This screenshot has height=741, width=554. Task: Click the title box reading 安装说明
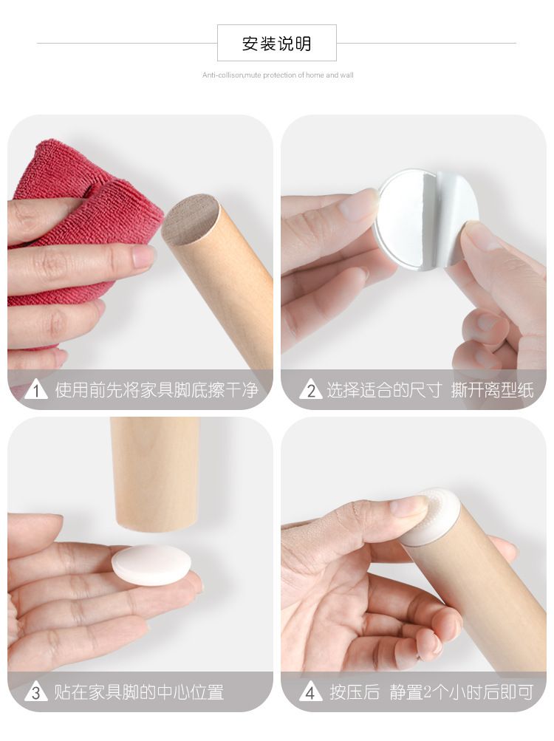click(x=276, y=43)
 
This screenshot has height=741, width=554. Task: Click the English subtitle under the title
click(x=278, y=75)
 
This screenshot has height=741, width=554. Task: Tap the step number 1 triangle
click(x=36, y=390)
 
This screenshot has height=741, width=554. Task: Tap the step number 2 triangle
click(x=310, y=390)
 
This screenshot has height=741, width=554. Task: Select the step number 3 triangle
click(x=36, y=692)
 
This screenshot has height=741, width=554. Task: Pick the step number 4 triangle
click(x=310, y=692)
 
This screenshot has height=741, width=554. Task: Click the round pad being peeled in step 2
click(x=416, y=219)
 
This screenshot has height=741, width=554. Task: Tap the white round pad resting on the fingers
click(x=151, y=564)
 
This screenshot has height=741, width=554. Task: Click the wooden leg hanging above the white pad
click(x=155, y=475)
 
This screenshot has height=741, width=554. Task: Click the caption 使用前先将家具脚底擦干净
click(x=157, y=390)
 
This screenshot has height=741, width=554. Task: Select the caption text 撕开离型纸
click(x=493, y=390)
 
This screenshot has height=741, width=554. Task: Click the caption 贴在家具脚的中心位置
click(x=139, y=692)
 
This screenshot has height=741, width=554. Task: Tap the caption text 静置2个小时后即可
click(x=462, y=692)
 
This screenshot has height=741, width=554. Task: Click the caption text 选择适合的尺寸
click(x=384, y=390)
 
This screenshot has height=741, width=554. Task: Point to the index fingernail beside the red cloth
click(x=144, y=256)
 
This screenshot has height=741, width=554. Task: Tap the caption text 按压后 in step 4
click(x=355, y=692)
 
